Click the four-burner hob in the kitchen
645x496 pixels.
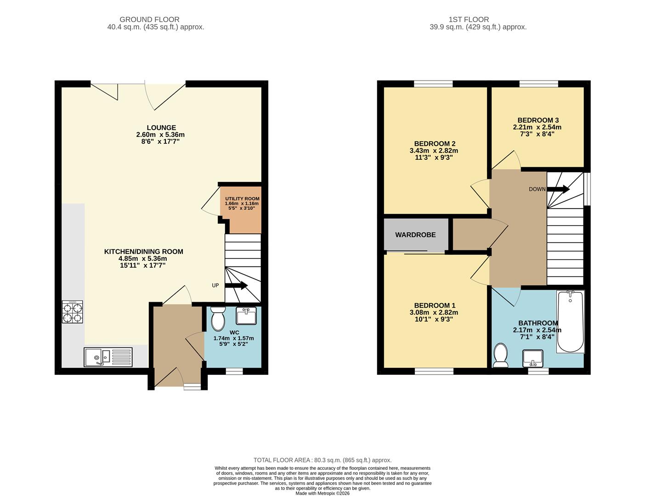tap(73, 312)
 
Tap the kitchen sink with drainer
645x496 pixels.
tap(108, 357)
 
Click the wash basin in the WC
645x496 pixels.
tap(246, 316)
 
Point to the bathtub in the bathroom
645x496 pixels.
tap(570, 321)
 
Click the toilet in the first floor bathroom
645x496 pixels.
tap(500, 356)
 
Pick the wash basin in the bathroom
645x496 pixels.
tap(533, 358)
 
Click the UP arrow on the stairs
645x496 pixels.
tap(236, 286)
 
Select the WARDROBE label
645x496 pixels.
tap(415, 235)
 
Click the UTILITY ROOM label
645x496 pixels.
tap(242, 199)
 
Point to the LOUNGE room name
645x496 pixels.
tap(161, 128)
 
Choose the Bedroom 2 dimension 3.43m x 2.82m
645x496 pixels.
tap(434, 151)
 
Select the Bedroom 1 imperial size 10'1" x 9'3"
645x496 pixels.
tap(434, 319)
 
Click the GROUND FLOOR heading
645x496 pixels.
tap(149, 19)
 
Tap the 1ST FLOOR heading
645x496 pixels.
tap(469, 19)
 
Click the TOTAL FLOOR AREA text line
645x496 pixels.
tap(322, 460)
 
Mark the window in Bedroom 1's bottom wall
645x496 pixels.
tap(434, 371)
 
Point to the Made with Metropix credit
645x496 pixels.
tap(322, 493)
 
